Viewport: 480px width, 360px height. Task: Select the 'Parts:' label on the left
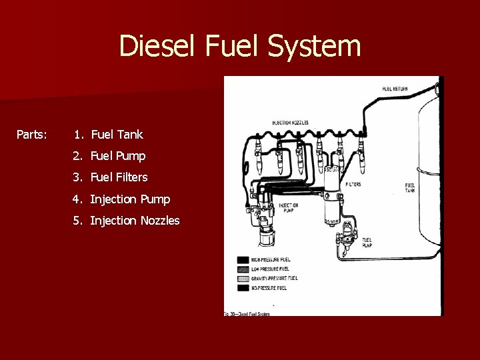31,135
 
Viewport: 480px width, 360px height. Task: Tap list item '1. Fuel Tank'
109,135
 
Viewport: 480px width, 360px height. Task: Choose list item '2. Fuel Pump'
110,156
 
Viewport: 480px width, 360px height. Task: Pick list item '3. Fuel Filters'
111,177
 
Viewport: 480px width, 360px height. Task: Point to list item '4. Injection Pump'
122,199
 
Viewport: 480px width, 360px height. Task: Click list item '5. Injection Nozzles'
127,221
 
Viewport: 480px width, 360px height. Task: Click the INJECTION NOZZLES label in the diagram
289,123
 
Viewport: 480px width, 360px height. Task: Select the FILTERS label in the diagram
353,184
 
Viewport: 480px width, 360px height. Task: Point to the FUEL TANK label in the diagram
410,187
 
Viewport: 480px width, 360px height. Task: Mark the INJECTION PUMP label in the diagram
289,207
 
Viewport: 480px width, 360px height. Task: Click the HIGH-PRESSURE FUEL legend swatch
243,259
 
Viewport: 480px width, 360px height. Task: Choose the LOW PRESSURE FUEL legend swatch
243,269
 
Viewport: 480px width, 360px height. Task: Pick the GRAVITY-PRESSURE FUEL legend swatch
243,278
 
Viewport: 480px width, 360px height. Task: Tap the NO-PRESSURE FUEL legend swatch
243,287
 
